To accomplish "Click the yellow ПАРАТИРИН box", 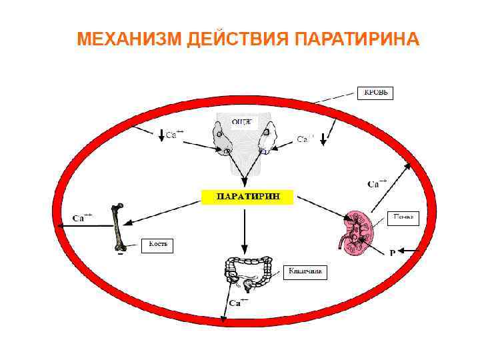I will pos(247,196).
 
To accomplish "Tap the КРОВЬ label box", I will pos(375,93).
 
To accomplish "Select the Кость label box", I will pos(157,245).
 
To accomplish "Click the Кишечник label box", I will pos(305,272).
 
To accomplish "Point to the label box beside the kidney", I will pos(403,217).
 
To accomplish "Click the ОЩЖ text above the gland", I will pos(241,121).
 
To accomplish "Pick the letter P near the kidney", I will pos(393,253).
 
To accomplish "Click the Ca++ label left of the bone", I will pos(83,217).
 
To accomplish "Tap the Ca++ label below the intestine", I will pos(238,303).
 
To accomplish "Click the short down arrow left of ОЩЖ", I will pos(161,135).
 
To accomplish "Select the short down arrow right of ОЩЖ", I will pos(323,139).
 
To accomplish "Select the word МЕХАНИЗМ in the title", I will pos(129,39).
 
